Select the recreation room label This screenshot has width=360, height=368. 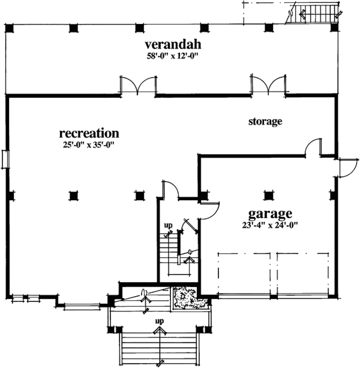pyautogui.click(x=89, y=132)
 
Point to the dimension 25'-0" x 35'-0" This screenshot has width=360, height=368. pyautogui.click(x=89, y=144)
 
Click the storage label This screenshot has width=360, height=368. pyautogui.click(x=265, y=122)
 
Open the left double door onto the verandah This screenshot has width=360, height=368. pyautogui.click(x=138, y=86)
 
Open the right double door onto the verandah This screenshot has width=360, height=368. pyautogui.click(x=268, y=86)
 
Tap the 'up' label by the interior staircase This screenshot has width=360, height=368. pyautogui.click(x=169, y=226)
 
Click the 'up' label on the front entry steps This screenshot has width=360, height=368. pyautogui.click(x=159, y=322)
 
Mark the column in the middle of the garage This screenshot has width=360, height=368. pyautogui.click(x=268, y=194)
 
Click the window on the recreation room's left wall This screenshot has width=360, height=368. pyautogui.click(x=5, y=158)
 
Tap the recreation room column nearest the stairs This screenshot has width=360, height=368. pyautogui.click(x=139, y=195)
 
